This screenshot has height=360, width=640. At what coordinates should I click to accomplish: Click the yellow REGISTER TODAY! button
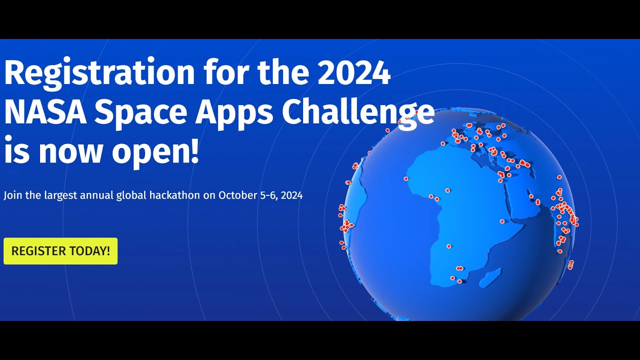coord(60,251)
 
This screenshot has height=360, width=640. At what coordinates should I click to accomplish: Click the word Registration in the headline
coord(99,73)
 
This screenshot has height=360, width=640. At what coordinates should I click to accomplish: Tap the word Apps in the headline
coord(234,112)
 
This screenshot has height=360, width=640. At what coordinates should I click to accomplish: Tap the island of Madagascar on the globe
coord(491,277)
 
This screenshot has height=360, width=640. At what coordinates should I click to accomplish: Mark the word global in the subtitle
coord(132,195)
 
